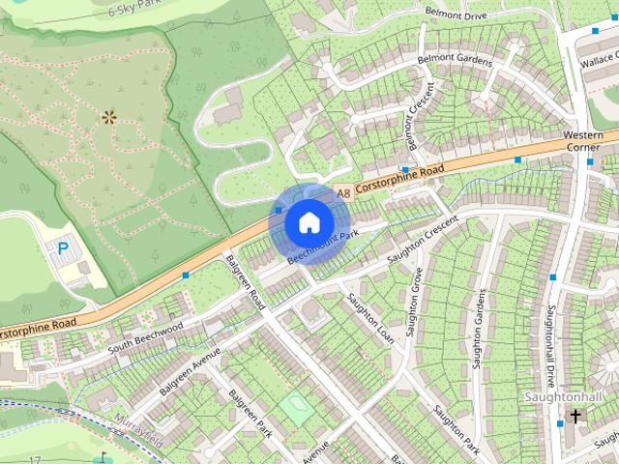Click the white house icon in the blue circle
(x=308, y=222)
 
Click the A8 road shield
(x=342, y=194)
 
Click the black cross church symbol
(x=576, y=417)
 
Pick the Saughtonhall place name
(x=562, y=398)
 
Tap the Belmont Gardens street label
(x=455, y=60)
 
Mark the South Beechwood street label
(x=145, y=336)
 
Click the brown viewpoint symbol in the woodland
(x=108, y=118)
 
